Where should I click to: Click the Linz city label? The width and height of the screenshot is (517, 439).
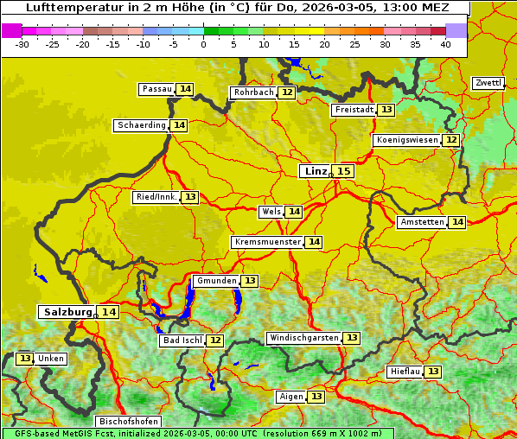click(316, 171)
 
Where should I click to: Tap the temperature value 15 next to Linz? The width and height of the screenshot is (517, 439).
click(344, 171)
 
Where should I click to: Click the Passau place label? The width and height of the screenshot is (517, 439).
click(156, 89)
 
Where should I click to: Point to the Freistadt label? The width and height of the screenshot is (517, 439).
click(353, 110)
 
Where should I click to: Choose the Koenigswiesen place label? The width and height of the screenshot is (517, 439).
click(406, 140)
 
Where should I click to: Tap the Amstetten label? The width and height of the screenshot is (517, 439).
click(421, 222)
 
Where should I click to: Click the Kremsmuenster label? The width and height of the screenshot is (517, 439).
click(266, 243)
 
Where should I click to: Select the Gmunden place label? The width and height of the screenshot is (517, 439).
click(214, 281)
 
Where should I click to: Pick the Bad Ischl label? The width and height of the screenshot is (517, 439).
click(181, 340)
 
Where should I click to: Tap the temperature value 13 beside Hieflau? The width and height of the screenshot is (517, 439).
click(432, 372)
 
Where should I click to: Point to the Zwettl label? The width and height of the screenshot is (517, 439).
click(488, 83)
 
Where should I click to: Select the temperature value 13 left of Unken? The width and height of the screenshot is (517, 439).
click(24, 359)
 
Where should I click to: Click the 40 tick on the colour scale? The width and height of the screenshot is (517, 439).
click(444, 44)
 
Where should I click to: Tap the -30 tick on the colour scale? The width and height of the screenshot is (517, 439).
click(22, 44)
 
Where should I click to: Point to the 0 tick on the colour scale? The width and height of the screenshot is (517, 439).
click(203, 44)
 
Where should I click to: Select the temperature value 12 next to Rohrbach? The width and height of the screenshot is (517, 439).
click(287, 92)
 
